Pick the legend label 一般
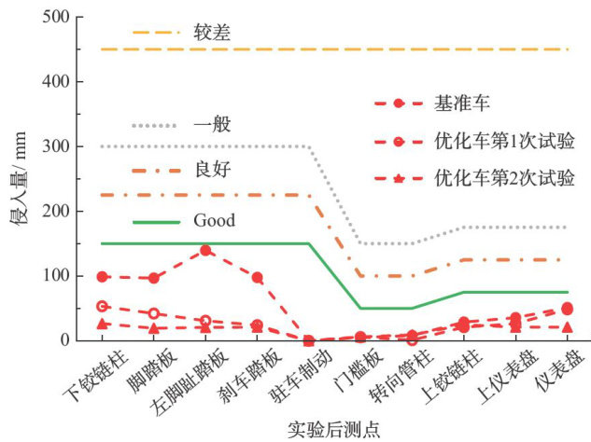[212, 124]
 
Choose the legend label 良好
[212, 170]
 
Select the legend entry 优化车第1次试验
[503, 141]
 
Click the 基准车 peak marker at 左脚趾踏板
[205, 250]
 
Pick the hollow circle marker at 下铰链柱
[102, 306]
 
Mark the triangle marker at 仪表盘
[567, 327]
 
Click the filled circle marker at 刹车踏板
[257, 278]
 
